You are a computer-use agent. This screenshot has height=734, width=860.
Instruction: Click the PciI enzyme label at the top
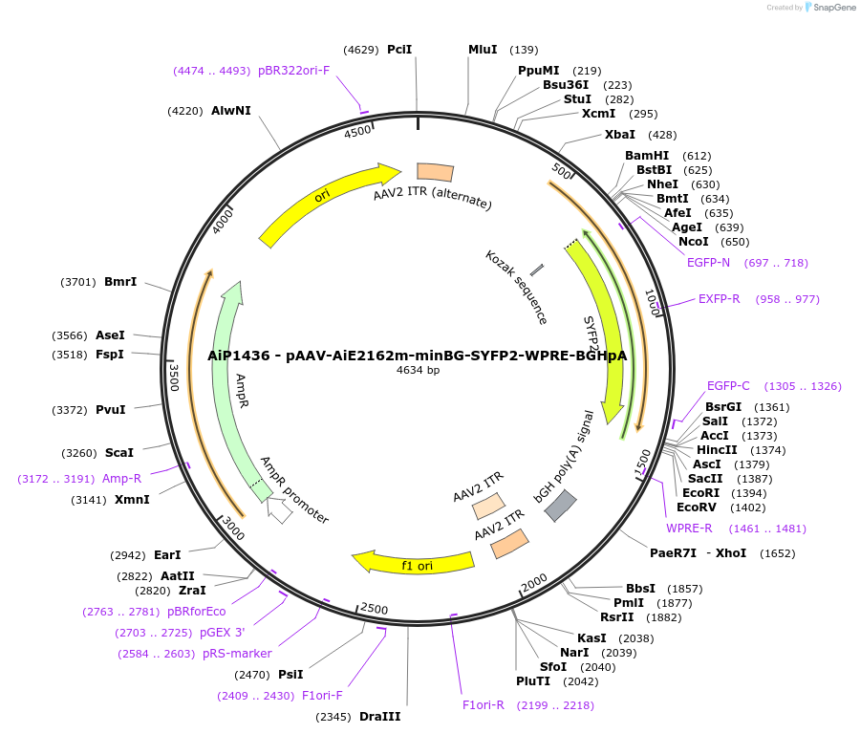coord(399,50)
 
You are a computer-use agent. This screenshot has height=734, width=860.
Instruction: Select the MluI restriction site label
coord(483,50)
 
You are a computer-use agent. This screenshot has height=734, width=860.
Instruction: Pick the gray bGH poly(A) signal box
coord(560,505)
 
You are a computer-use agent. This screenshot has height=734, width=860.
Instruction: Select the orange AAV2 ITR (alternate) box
coord(435,172)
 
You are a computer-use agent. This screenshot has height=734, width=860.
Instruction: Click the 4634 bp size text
coord(418,370)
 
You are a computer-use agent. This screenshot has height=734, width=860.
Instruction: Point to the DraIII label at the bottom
coord(379,717)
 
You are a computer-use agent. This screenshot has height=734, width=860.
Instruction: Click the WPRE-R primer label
coord(689,529)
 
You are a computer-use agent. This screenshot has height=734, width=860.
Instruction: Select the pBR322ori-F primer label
coord(293,71)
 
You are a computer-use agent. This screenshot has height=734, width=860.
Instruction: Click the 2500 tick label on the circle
coord(374,611)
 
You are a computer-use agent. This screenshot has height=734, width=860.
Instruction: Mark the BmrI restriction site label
coord(120,282)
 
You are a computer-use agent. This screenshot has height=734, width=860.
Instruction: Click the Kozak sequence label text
coord(516,287)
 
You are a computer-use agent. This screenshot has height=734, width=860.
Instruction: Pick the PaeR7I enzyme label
coord(675,553)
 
